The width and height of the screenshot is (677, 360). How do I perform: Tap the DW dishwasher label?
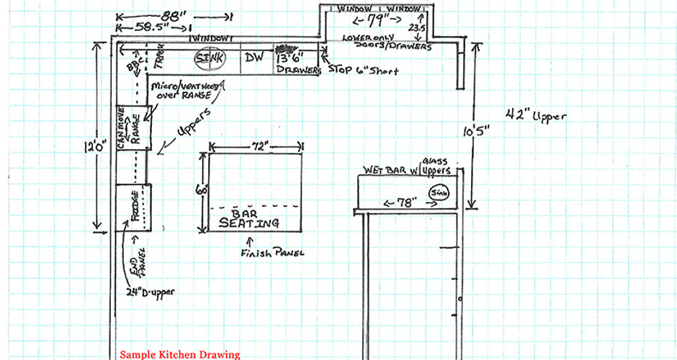(254, 58)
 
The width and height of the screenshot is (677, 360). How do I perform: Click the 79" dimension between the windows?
(375, 17)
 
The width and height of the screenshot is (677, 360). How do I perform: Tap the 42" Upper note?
(534, 114)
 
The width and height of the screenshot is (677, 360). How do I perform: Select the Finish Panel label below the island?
(273, 253)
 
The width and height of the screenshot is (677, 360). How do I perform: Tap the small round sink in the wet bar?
(438, 192)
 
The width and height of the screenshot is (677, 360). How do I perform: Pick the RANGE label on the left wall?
(136, 127)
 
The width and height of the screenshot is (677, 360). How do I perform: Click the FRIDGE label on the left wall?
(134, 206)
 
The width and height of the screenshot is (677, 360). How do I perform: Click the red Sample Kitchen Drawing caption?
(179, 354)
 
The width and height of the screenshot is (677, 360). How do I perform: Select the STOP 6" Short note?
(363, 71)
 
